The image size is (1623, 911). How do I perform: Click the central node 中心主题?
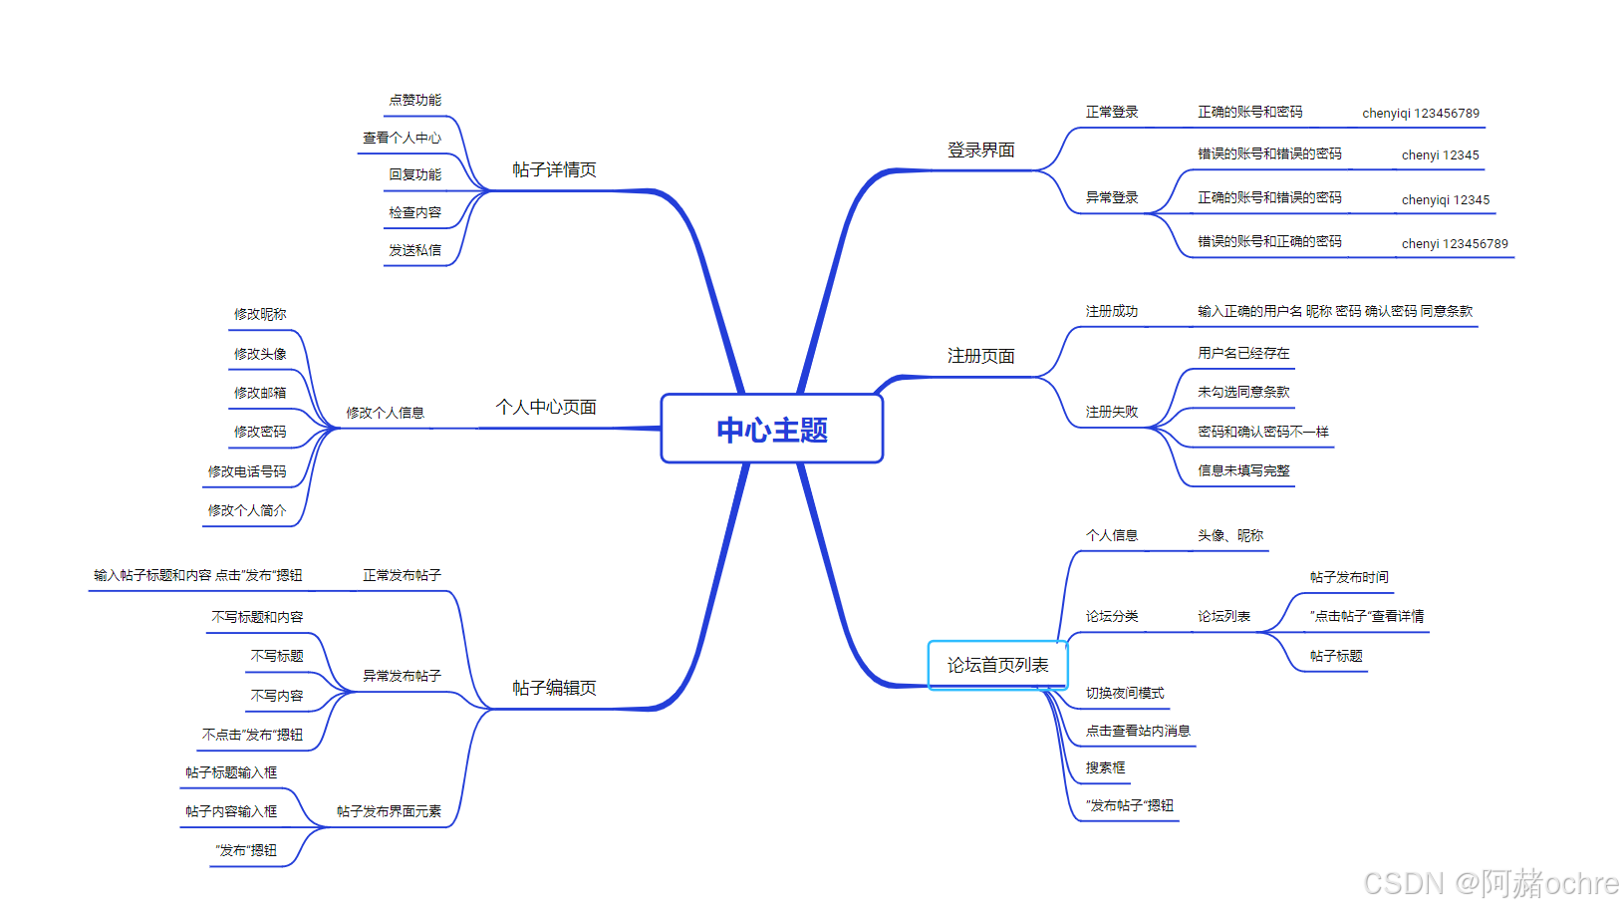coord(772,430)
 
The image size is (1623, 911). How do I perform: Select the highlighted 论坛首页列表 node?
coord(997,665)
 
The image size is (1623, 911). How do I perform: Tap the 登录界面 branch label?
coord(980,150)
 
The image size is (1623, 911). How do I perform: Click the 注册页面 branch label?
coord(980,356)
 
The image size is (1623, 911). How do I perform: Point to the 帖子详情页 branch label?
coord(554,169)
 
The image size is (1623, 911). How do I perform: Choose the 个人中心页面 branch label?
coord(546,407)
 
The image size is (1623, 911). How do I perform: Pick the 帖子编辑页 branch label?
coord(554,688)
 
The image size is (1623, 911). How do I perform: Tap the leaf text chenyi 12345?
coord(1440,155)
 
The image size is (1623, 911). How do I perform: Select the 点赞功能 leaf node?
coord(414,100)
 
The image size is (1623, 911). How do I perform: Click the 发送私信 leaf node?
coord(414,250)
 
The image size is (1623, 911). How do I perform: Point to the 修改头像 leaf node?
coord(260,354)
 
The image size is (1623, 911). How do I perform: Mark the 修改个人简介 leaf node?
coord(247,510)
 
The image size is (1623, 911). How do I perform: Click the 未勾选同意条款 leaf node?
coord(1243,392)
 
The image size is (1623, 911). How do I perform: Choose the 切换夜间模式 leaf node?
coord(1125,693)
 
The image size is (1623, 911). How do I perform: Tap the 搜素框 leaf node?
coord(1106,767)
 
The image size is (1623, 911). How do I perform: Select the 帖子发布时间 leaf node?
coord(1349,577)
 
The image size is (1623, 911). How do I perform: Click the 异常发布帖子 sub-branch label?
coord(402,676)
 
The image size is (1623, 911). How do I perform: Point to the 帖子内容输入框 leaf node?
coord(231,811)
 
